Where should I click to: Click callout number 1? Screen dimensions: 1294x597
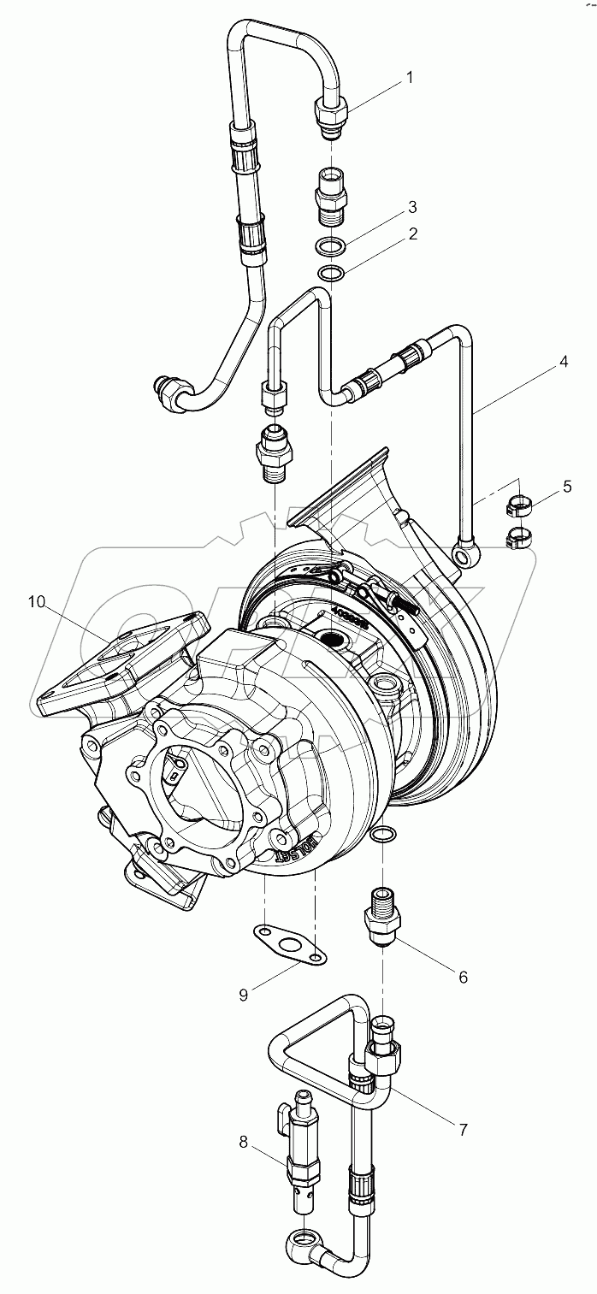pos(409,78)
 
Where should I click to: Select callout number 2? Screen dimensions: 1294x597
pos(413,233)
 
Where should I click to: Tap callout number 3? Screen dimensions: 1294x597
pos(413,207)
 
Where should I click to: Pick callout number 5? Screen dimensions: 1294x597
pos(567,487)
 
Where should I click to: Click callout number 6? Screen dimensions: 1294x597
pos(463,977)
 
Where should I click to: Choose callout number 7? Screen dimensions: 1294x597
pos(463,1128)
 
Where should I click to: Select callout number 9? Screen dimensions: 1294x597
pos(244,994)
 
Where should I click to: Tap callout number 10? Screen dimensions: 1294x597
pos(36,602)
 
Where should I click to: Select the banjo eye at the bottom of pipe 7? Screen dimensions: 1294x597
pos(302,1238)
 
